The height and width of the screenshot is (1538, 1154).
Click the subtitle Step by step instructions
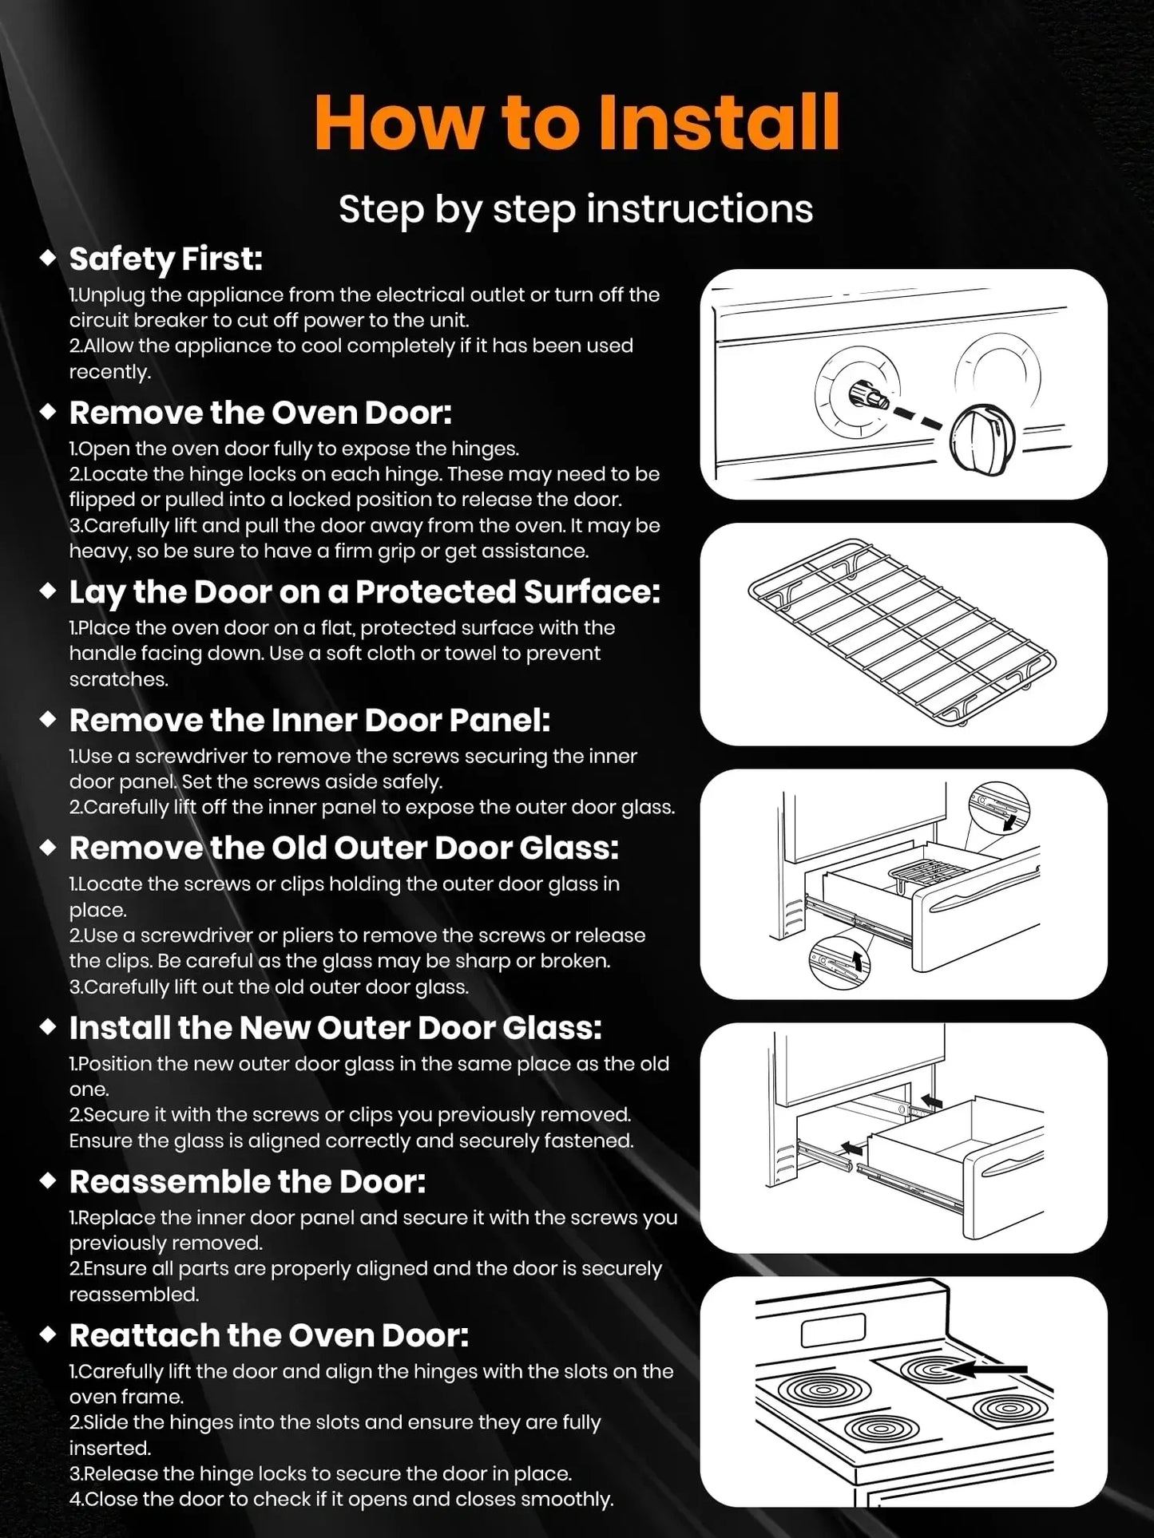(x=576, y=209)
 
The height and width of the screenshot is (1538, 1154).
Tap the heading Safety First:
(x=165, y=259)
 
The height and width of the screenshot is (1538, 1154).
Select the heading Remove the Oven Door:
(x=260, y=413)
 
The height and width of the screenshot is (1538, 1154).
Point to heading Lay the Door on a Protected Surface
(x=364, y=591)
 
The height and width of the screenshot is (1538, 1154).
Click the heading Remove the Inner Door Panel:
(x=309, y=720)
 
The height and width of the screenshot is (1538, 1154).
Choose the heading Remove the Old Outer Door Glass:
(x=343, y=848)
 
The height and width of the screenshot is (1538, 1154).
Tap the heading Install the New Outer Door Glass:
(x=335, y=1028)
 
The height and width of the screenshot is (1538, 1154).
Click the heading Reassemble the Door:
(x=248, y=1181)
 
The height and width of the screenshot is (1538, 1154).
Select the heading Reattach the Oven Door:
(x=268, y=1335)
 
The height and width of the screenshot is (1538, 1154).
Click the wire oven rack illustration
(x=902, y=635)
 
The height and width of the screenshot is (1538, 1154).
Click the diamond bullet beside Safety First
(x=48, y=258)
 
